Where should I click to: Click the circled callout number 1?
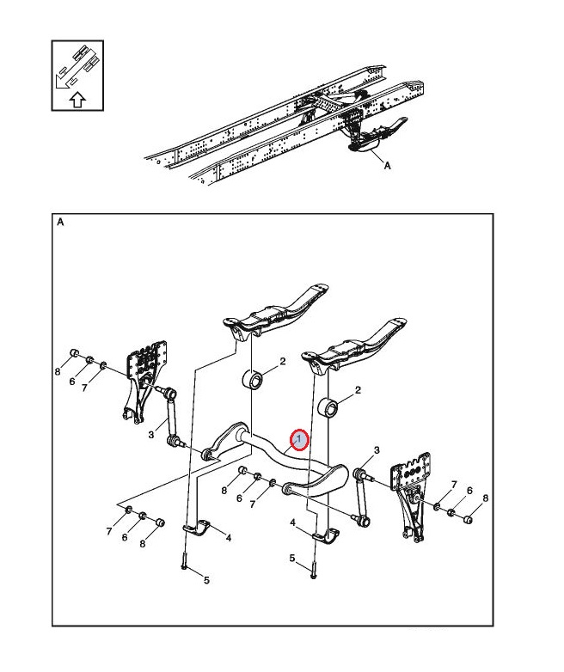click(x=298, y=440)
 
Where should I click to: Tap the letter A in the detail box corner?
click(x=61, y=222)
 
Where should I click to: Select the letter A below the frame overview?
click(x=387, y=166)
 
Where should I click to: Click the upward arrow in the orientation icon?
click(x=77, y=100)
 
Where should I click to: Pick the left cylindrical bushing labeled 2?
click(x=254, y=380)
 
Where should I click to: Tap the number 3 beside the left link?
click(x=150, y=435)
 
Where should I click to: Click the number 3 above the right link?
click(x=377, y=451)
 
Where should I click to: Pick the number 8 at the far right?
click(x=485, y=498)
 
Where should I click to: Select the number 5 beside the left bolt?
click(x=205, y=580)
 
